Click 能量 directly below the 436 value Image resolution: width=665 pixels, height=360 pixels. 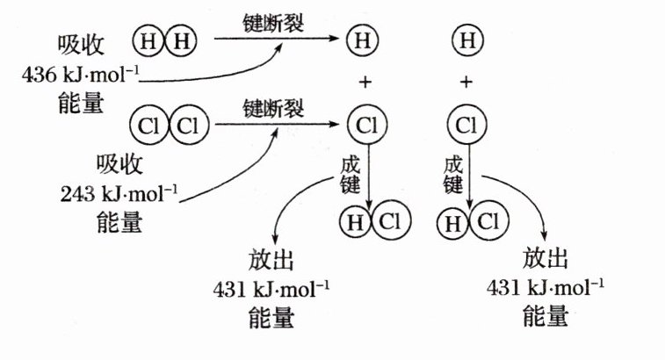tap(79, 101)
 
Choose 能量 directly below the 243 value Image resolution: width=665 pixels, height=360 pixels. tap(119, 223)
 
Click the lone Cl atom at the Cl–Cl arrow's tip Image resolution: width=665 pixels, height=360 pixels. tap(365, 126)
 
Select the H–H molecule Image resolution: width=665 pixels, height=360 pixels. tap(165, 39)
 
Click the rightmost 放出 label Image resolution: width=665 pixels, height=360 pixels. tap(546, 258)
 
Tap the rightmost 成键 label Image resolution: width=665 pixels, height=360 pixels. tap(453, 175)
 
